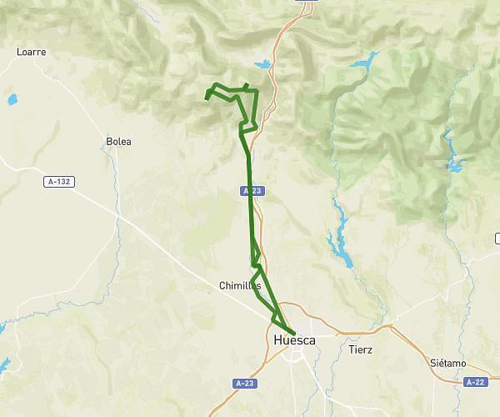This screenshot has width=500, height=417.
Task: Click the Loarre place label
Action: click(x=31, y=52)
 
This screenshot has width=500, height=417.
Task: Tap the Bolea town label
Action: click(x=119, y=142)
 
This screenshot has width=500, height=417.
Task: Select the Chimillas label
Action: click(x=239, y=285)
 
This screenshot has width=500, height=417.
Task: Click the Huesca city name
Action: click(x=294, y=340)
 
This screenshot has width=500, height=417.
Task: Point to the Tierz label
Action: click(x=362, y=349)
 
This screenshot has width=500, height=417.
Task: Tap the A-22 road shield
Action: click(x=475, y=382)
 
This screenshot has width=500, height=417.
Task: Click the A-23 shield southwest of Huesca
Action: click(x=242, y=383)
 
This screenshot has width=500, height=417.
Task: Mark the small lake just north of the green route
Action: click(x=263, y=64)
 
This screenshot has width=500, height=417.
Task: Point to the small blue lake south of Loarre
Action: click(x=12, y=100)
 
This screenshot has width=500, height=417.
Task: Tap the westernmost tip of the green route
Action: click(x=207, y=98)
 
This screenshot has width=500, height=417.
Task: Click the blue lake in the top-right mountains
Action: click(x=363, y=63)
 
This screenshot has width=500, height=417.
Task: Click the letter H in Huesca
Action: click(x=278, y=340)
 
